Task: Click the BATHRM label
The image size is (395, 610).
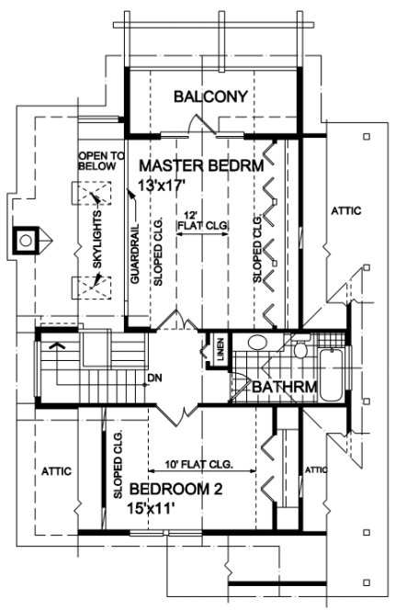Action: tap(286, 388)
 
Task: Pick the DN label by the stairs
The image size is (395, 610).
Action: tap(155, 378)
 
